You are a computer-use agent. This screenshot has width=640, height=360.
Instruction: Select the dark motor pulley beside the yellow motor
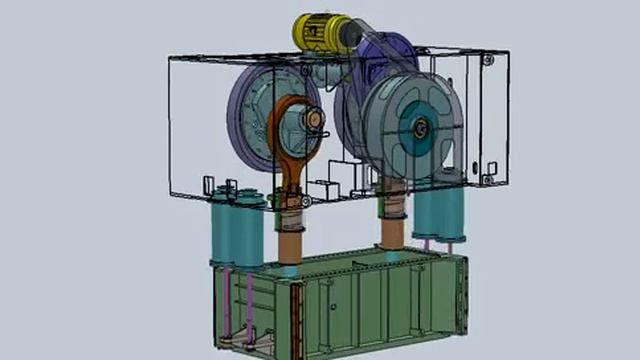(x=352, y=38)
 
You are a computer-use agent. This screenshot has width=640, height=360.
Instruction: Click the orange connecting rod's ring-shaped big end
(x=300, y=125)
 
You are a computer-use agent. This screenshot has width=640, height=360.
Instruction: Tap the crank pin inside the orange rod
(x=314, y=121)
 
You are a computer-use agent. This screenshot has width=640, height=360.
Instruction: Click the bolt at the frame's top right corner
(x=487, y=60)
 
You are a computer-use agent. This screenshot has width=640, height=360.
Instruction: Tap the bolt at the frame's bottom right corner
(x=489, y=180)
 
